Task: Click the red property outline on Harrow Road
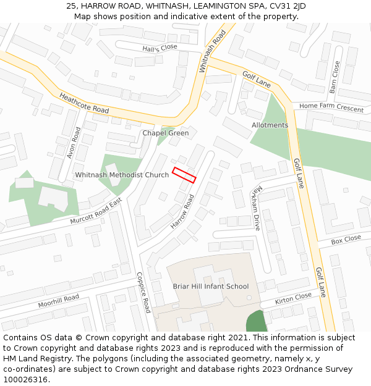184,175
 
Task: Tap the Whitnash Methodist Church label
122,175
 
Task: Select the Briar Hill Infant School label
210,287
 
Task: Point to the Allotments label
270,125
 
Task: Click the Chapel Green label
166,133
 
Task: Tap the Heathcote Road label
84,103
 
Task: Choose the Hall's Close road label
160,48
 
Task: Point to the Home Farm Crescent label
331,107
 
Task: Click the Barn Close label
335,77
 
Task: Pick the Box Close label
346,239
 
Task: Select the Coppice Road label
143,293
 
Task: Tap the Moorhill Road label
59,301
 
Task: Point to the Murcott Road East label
96,212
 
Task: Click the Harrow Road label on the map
182,211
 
